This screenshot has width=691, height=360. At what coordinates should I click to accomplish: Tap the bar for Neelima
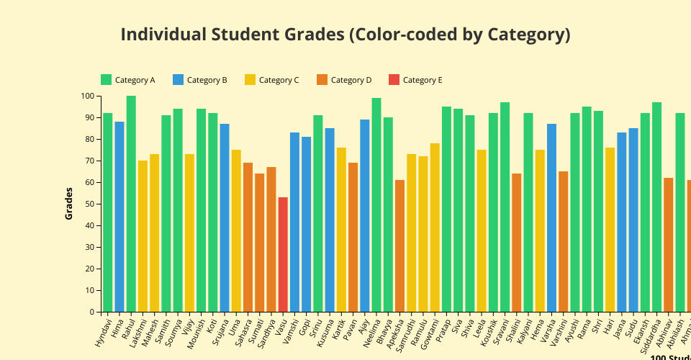pos(376,205)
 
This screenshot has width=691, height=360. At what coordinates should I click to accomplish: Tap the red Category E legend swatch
pos(394,80)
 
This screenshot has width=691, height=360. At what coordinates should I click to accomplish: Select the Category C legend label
pos(279,80)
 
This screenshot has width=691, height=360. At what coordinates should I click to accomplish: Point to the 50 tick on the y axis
pos(90,204)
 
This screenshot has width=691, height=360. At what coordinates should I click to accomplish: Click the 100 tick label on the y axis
pos(87,96)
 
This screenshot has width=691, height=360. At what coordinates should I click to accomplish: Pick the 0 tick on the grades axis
pos(92,312)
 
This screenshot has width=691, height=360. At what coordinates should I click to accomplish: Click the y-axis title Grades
pos(69,204)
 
